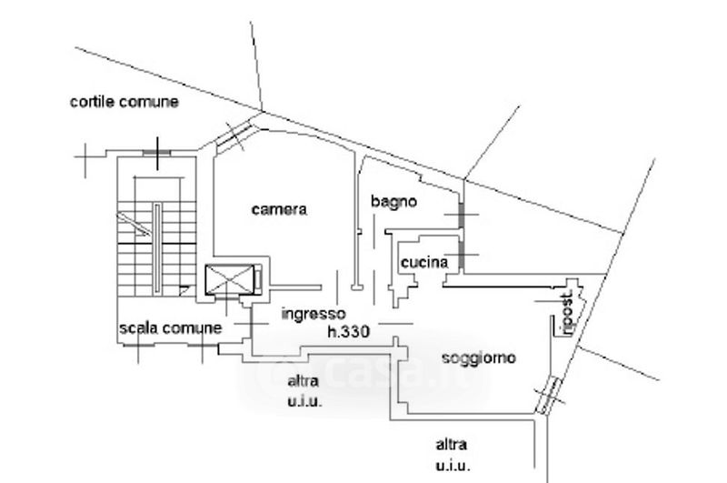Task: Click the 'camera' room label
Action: tap(279, 210)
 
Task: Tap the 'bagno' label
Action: tap(393, 201)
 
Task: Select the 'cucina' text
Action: tap(424, 263)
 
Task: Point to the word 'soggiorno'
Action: tap(479, 358)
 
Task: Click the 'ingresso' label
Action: tap(314, 314)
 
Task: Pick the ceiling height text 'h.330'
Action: tap(349, 331)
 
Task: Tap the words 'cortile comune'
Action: tap(124, 102)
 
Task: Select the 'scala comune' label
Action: tap(171, 328)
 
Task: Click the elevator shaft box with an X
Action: tap(230, 279)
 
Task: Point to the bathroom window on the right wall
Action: tap(462, 215)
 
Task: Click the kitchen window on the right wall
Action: tap(462, 255)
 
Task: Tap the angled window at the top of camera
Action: tap(234, 136)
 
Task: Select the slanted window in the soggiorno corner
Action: tap(548, 396)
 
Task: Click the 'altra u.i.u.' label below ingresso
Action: tap(304, 391)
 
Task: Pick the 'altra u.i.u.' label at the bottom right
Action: tap(452, 455)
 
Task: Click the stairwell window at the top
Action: tap(156, 152)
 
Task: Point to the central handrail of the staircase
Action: tap(157, 248)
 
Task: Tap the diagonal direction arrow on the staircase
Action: tap(134, 224)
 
